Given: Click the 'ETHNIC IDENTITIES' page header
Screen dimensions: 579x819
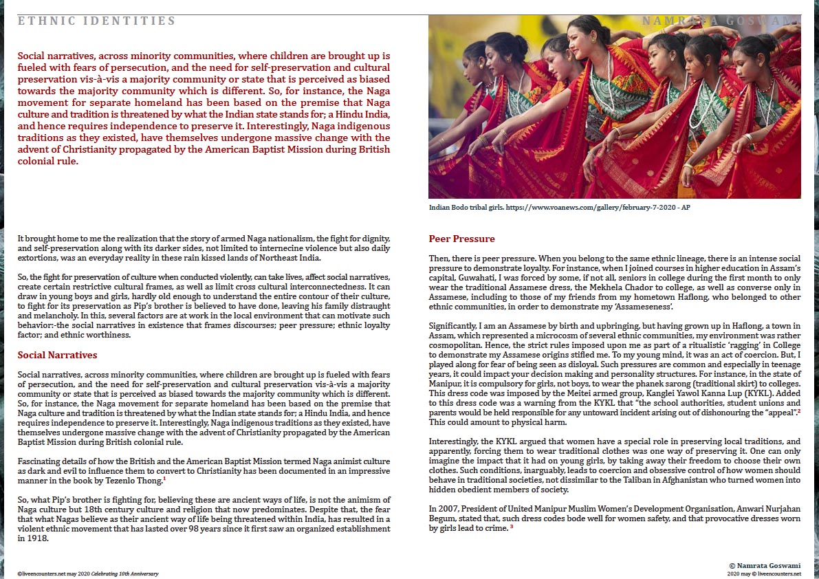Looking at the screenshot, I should pyautogui.click(x=97, y=21).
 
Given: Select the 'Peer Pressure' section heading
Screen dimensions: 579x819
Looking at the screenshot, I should pyautogui.click(x=461, y=239).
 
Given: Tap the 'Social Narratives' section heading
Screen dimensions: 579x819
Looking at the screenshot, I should pyautogui.click(x=57, y=356).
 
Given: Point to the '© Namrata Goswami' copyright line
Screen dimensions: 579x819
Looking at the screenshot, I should pyautogui.click(x=764, y=565).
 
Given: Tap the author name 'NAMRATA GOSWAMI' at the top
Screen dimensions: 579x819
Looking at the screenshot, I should pyautogui.click(x=721, y=21).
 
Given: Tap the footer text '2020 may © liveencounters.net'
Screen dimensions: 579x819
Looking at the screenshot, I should pyautogui.click(x=764, y=573).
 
